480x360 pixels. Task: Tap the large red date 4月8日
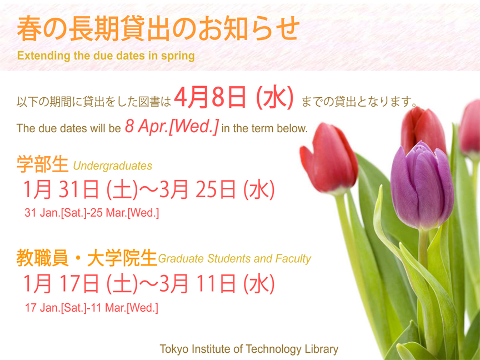pos(210,97)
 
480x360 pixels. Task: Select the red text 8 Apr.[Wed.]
pos(172,126)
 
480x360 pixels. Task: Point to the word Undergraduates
pos(113,166)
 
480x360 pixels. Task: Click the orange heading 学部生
pos(42,164)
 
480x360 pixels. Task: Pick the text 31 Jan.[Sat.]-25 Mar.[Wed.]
pos(92,213)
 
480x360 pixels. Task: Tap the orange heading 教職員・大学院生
pos(87,258)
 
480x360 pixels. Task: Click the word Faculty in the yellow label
pos(293,259)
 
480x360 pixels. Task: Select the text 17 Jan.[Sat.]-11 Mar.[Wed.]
pos(92,308)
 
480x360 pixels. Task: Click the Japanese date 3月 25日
pos(197,190)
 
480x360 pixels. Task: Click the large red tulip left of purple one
pos(329,159)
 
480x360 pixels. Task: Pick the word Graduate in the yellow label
pos(181,259)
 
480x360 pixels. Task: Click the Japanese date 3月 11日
pos(197,284)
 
